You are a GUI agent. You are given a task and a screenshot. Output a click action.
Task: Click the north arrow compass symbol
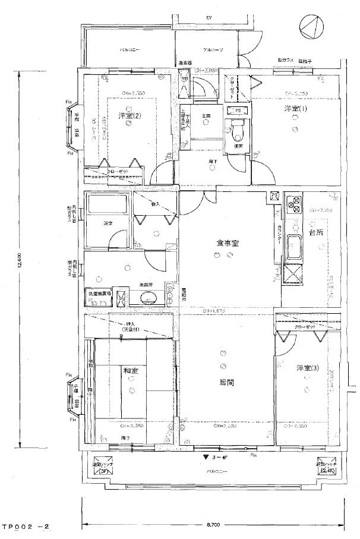tap(312, 26)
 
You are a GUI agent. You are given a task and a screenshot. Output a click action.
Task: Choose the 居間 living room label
tap(225, 382)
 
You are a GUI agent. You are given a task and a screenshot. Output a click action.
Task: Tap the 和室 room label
tap(130, 371)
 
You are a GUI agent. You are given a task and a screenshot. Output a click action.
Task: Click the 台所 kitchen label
tap(315, 232)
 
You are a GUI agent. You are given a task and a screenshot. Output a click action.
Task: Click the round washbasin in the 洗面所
tap(146, 298)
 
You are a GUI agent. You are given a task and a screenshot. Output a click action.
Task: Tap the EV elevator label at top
tap(209, 18)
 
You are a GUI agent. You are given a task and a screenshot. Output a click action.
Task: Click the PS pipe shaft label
tap(236, 111)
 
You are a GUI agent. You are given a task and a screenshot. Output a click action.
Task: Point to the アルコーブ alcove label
tap(212, 50)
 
